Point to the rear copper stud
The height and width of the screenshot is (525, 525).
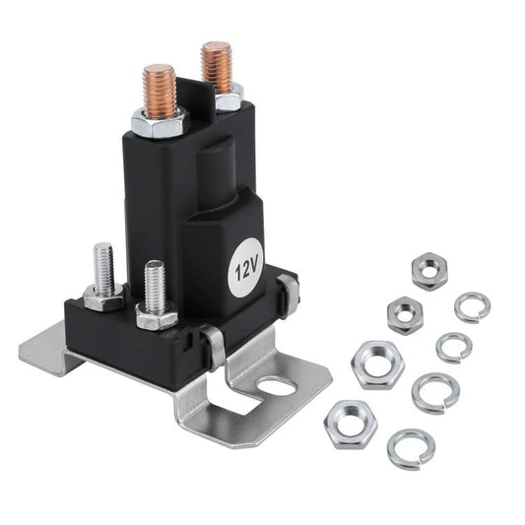tap(216, 66)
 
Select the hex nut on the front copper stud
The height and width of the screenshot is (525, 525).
tap(158, 123)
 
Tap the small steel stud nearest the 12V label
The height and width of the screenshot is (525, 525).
tap(155, 286)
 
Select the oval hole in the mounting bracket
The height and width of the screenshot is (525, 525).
tap(278, 385)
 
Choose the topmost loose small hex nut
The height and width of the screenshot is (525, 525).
tap(429, 270)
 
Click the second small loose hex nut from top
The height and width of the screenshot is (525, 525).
tap(405, 314)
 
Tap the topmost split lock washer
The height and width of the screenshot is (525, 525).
tap(473, 307)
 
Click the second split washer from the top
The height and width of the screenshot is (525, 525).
tap(454, 347)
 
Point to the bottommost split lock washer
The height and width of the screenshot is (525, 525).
tap(411, 448)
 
